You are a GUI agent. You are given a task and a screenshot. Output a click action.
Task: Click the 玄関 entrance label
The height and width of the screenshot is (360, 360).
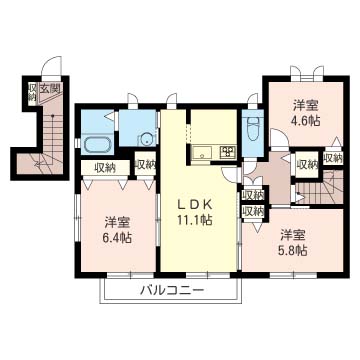coord(50,90)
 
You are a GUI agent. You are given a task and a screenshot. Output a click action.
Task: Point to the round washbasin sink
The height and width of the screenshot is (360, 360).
coord(146,141)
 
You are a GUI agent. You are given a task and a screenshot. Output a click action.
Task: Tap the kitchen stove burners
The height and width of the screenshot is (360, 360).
coord(226,152)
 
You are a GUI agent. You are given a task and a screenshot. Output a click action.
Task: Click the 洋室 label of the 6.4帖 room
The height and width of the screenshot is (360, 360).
coord(117,221)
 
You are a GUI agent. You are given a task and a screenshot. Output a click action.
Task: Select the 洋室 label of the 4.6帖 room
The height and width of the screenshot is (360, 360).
coord(305,104)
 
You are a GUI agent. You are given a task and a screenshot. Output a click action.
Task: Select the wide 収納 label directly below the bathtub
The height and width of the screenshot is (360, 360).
coord(105,167)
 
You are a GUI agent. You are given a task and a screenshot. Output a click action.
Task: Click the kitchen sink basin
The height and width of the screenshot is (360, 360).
coord(201,152)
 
